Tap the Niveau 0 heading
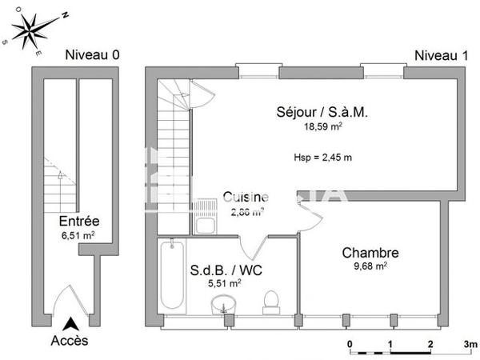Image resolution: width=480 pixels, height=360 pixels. (92, 55)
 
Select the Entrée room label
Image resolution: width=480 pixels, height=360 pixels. (79, 222)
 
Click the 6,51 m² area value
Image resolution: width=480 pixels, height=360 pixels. (78, 236)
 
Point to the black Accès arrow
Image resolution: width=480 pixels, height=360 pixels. (71, 324)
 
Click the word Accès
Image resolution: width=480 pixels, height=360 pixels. (71, 341)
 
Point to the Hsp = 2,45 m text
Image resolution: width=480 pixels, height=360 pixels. (322, 157)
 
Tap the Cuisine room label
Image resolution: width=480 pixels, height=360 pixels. (246, 198)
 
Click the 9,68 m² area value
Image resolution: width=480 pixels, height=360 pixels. (370, 266)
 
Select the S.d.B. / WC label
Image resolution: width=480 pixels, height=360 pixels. (225, 270)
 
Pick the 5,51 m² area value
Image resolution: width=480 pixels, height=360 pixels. (225, 282)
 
